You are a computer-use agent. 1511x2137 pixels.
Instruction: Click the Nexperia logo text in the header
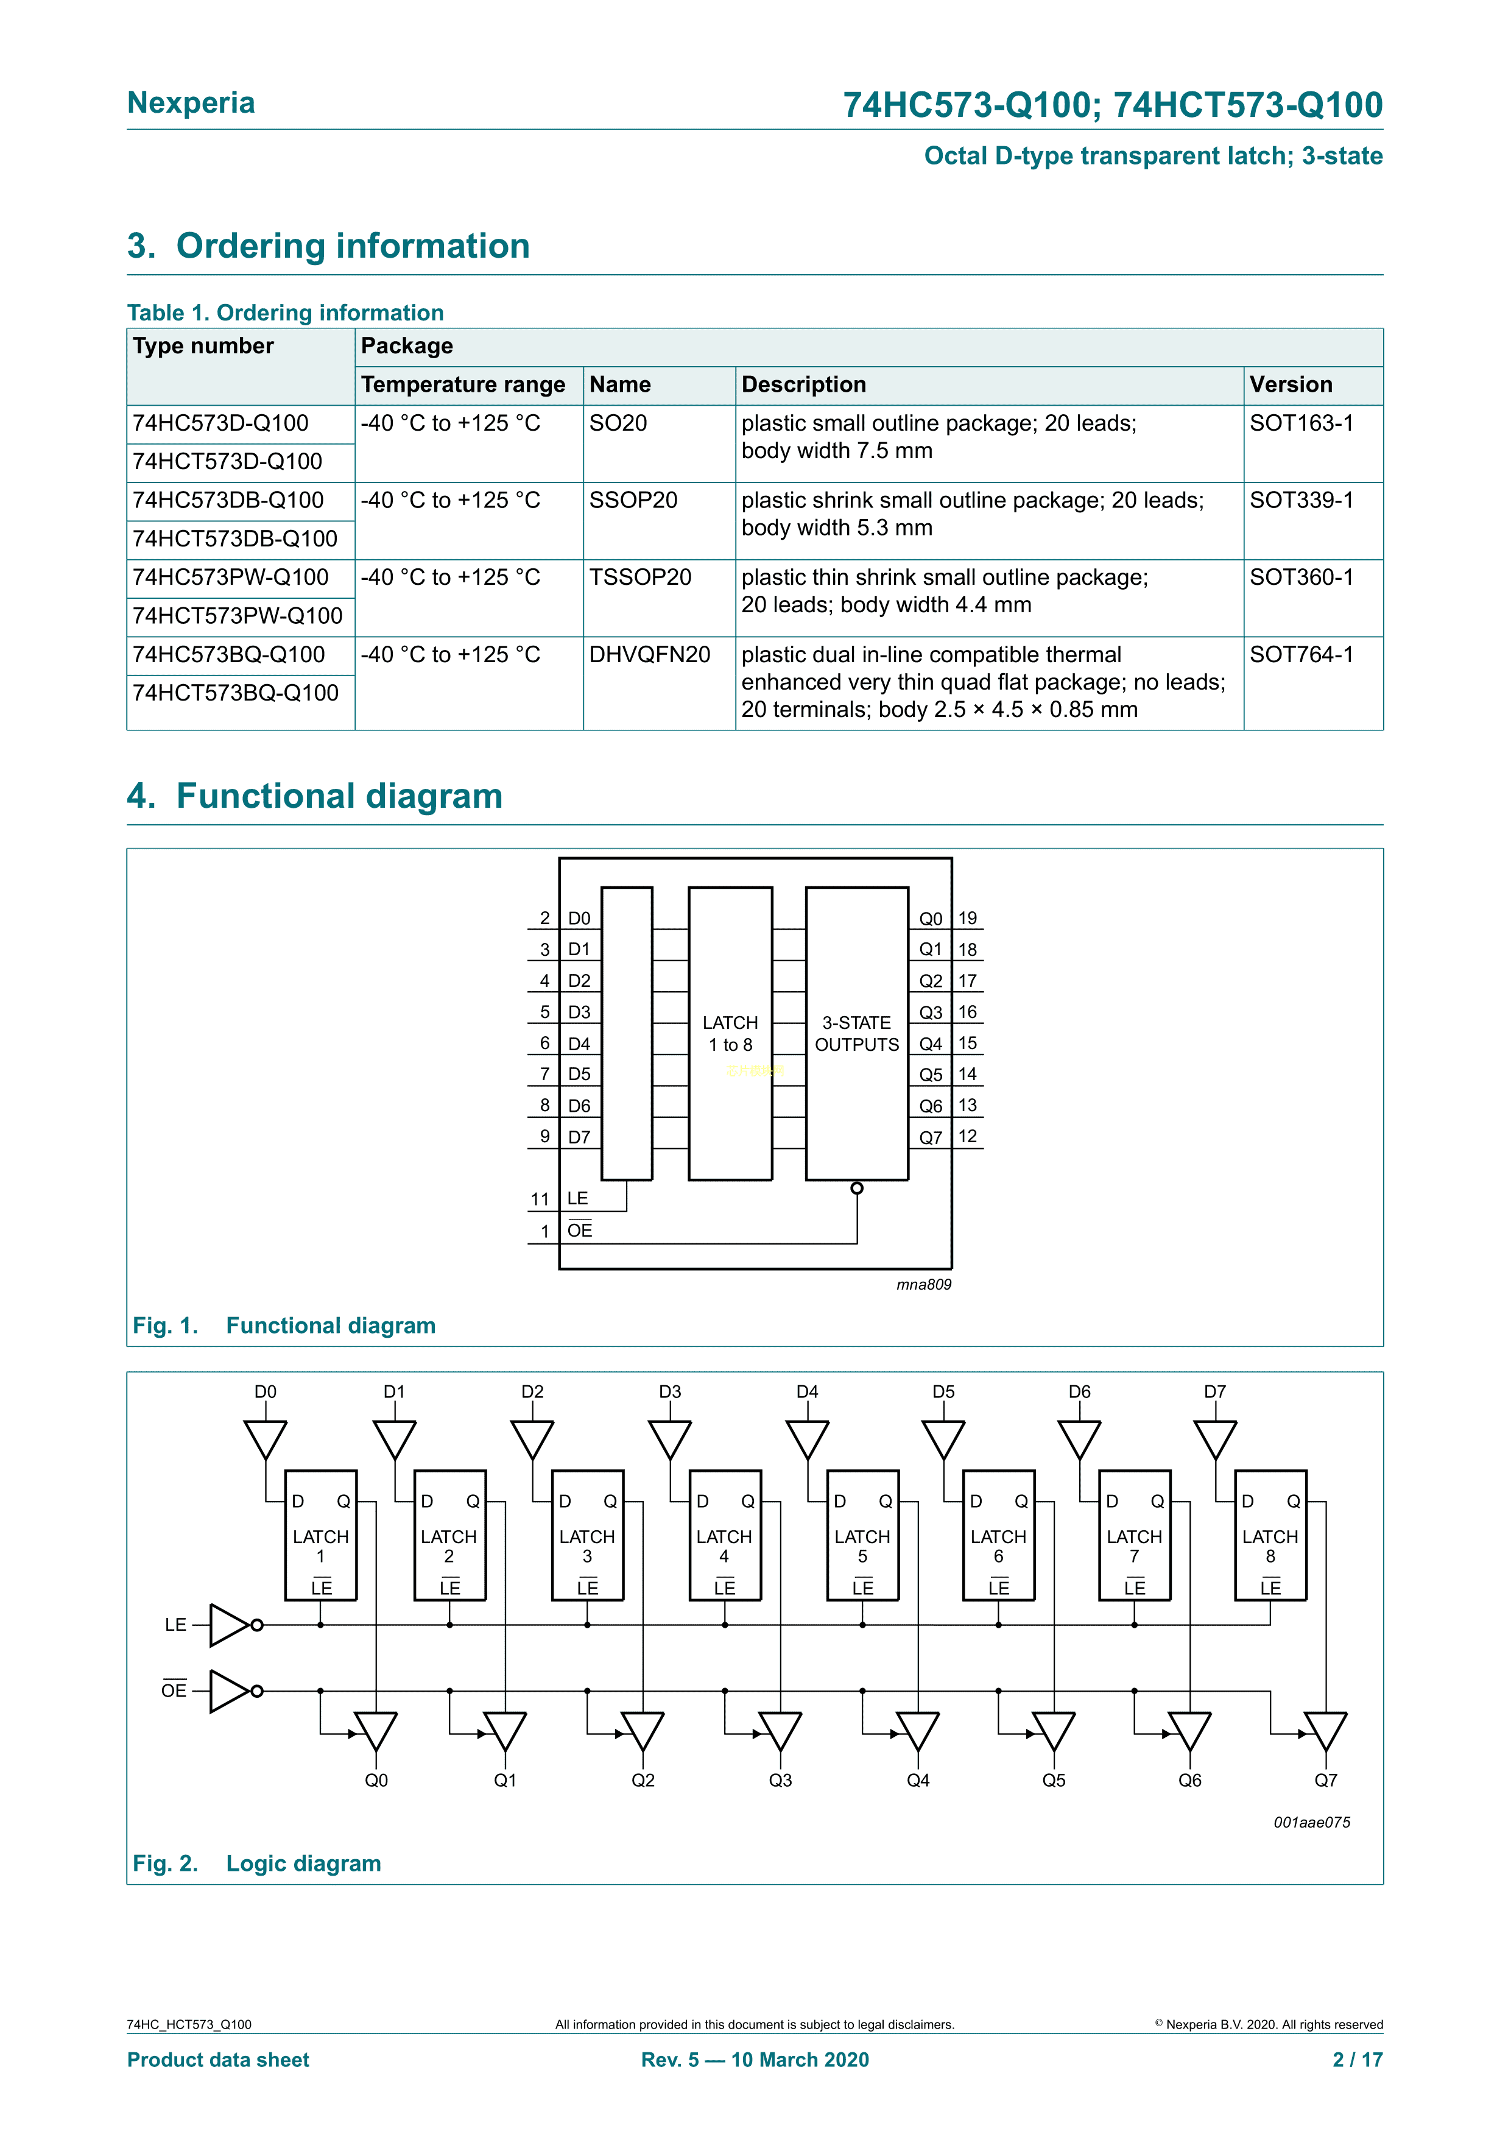pyautogui.click(x=191, y=102)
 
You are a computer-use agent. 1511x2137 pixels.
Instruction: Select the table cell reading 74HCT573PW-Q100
pyautogui.click(x=238, y=616)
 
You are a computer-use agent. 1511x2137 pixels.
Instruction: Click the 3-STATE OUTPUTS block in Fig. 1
pyautogui.click(x=856, y=1033)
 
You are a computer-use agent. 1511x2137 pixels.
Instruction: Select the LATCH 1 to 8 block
pyautogui.click(x=730, y=1033)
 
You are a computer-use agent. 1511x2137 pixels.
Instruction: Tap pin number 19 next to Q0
pyautogui.click(x=968, y=919)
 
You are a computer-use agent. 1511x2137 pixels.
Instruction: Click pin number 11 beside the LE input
pyautogui.click(x=540, y=1199)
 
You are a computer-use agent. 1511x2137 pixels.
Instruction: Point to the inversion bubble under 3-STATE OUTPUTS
pyautogui.click(x=857, y=1188)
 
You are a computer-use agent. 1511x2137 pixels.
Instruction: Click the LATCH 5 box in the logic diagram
pyautogui.click(x=862, y=1536)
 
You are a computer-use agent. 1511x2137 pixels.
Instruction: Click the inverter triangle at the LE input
pyautogui.click(x=229, y=1625)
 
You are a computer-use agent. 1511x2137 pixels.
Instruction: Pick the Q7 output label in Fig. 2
pyautogui.click(x=1326, y=1781)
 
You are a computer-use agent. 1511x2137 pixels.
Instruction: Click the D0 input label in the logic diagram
pyautogui.click(x=265, y=1391)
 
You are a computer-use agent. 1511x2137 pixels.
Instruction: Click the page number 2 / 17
pyautogui.click(x=1358, y=2060)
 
